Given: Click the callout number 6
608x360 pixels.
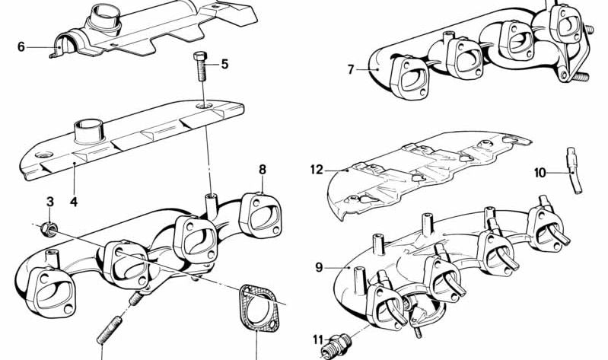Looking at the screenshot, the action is pyautogui.click(x=21, y=47).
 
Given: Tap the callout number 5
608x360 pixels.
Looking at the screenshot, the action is pyautogui.click(x=225, y=64).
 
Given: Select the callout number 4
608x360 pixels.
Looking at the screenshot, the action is pyautogui.click(x=74, y=202).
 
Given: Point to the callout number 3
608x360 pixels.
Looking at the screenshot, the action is pyautogui.click(x=50, y=202).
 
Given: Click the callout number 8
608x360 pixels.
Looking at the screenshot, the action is pyautogui.click(x=263, y=170).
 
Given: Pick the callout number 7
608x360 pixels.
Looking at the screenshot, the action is pyautogui.click(x=351, y=70).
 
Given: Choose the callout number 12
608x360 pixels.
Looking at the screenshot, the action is pyautogui.click(x=317, y=170).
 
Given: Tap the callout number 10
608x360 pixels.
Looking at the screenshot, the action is pyautogui.click(x=540, y=173).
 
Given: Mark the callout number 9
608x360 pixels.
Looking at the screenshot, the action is pyautogui.click(x=319, y=267).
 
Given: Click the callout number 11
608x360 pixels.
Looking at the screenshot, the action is pyautogui.click(x=318, y=339).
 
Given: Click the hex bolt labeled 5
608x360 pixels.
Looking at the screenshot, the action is pyautogui.click(x=201, y=66).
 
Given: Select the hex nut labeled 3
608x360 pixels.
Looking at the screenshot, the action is pyautogui.click(x=49, y=229).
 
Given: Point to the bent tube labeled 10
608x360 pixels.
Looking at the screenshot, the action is pyautogui.click(x=574, y=170).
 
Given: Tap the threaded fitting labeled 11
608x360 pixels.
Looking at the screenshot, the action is pyautogui.click(x=336, y=346).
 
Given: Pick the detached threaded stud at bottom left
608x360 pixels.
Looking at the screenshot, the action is pyautogui.click(x=110, y=330).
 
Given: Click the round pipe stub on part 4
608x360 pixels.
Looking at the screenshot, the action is pyautogui.click(x=89, y=132).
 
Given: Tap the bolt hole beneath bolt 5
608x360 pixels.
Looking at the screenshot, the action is pyautogui.click(x=205, y=106).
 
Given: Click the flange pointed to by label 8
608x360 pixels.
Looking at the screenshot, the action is pyautogui.click(x=260, y=215).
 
